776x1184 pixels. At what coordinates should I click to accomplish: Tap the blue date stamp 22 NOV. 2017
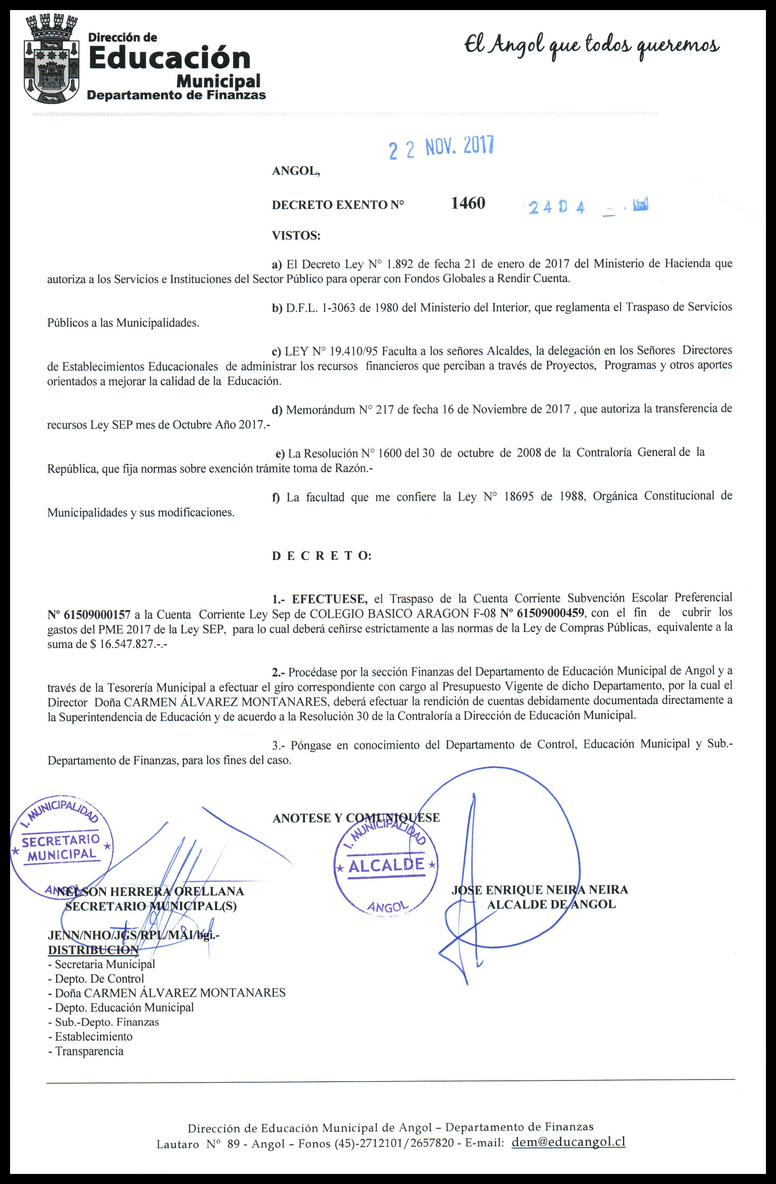coord(441,148)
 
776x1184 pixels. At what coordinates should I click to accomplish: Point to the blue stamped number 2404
coord(557,207)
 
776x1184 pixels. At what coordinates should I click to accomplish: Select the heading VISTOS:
coord(296,236)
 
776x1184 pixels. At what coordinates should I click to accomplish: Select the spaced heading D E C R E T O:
coord(321,556)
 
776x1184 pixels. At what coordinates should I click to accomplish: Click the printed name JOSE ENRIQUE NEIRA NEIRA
coord(539,889)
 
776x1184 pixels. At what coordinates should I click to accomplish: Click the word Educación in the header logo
coord(169,58)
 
